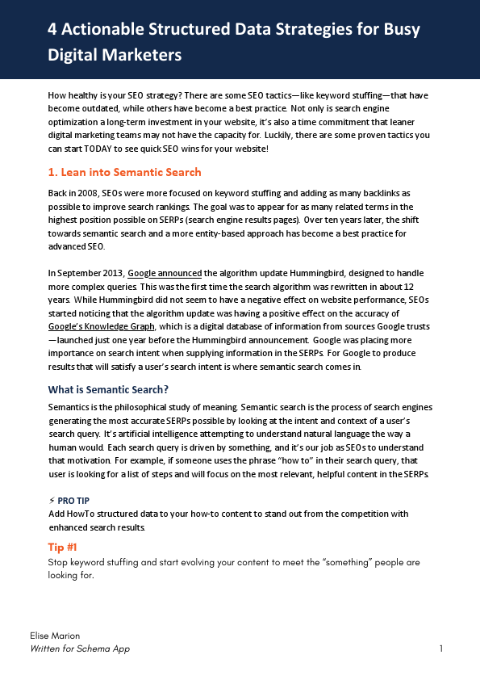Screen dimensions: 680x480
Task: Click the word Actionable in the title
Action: coord(102,31)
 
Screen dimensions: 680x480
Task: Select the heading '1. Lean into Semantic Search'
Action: coord(124,172)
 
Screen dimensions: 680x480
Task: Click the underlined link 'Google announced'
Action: coord(165,274)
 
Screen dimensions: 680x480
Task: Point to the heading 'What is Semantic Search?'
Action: coord(108,389)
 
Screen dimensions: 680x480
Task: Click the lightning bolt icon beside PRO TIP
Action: coord(52,501)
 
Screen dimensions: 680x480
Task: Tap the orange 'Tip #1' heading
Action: coord(62,547)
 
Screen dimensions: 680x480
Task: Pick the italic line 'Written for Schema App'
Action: coord(79,649)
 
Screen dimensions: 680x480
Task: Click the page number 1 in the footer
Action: coord(441,649)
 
